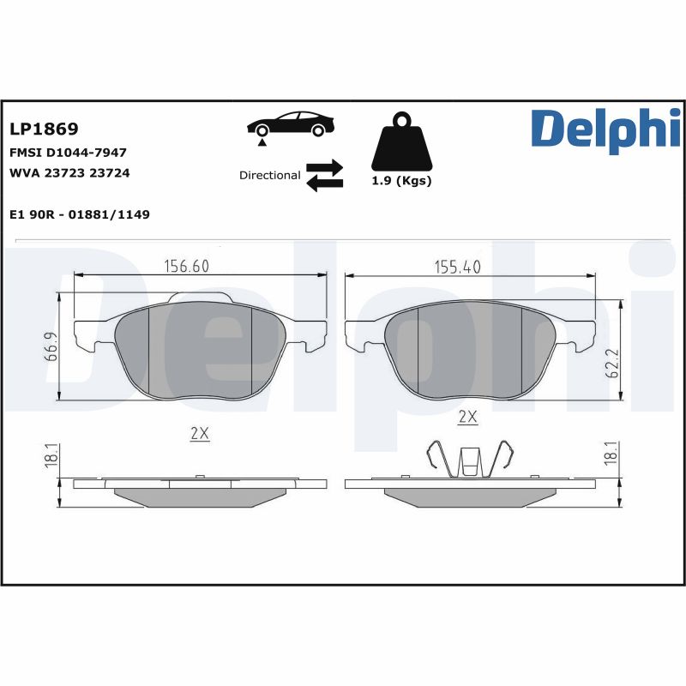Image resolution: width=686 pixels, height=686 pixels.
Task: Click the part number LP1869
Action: (x=44, y=129)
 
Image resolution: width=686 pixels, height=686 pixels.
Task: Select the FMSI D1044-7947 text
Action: (x=68, y=152)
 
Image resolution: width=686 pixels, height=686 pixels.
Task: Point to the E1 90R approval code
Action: (x=80, y=214)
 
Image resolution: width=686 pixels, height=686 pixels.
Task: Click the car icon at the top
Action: (x=290, y=124)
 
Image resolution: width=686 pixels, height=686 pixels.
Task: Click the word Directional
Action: (x=269, y=175)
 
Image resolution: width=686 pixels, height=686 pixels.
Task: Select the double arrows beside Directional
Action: (x=324, y=174)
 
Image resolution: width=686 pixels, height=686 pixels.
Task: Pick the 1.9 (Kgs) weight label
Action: (x=401, y=181)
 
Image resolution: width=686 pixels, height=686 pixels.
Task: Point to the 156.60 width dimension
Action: (x=187, y=267)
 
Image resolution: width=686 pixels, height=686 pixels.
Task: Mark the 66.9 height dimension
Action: (x=51, y=346)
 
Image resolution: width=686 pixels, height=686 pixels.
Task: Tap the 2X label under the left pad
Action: (x=199, y=434)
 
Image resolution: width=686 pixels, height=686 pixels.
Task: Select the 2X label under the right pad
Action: (x=467, y=418)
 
